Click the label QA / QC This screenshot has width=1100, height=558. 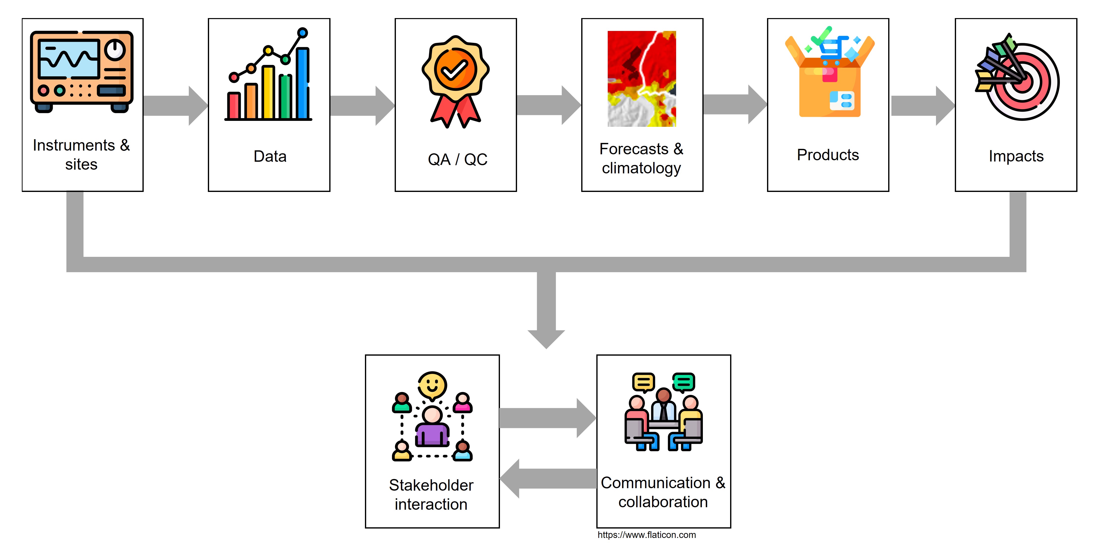click(x=457, y=159)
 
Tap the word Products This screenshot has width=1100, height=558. click(x=827, y=155)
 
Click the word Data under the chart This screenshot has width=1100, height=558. click(x=270, y=156)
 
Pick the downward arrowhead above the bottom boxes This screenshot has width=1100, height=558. click(x=546, y=339)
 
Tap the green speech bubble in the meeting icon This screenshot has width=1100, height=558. click(x=683, y=381)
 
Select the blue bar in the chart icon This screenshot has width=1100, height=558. click(x=303, y=83)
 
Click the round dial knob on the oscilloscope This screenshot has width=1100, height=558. click(x=115, y=50)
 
